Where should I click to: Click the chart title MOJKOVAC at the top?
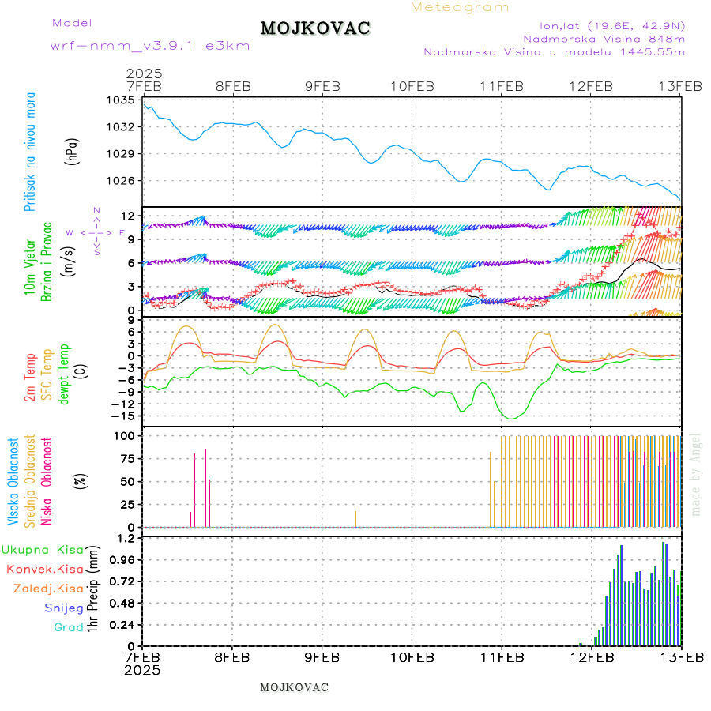click(314, 28)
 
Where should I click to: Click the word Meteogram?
click(460, 7)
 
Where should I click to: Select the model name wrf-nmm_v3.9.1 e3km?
click(150, 45)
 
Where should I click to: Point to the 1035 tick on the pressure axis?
click(122, 100)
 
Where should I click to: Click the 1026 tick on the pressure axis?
click(122, 180)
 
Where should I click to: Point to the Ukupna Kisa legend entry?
click(43, 549)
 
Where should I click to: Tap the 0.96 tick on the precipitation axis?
click(122, 559)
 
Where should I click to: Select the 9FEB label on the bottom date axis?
click(322, 656)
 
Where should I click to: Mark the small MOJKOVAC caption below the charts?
click(294, 687)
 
